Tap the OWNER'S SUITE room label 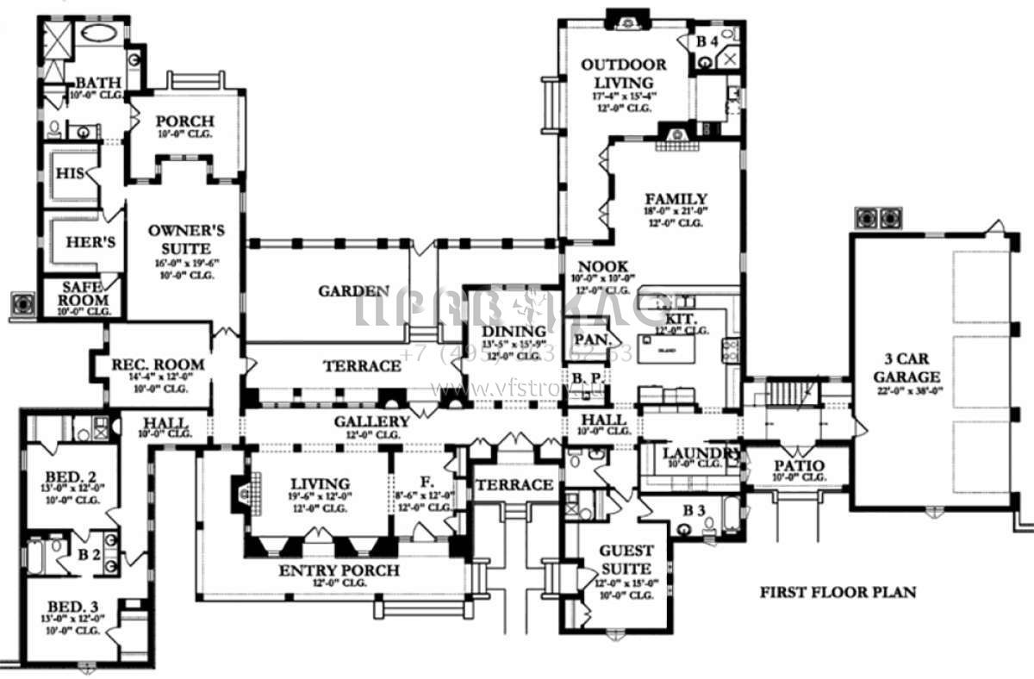click(186, 238)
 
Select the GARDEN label click(353, 291)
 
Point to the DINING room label click(514, 331)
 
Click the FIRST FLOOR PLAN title click(837, 593)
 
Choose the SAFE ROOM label click(84, 294)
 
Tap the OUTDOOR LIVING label click(623, 72)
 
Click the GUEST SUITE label click(626, 558)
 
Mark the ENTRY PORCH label click(339, 570)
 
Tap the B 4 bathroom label click(707, 41)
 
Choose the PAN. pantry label click(591, 339)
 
